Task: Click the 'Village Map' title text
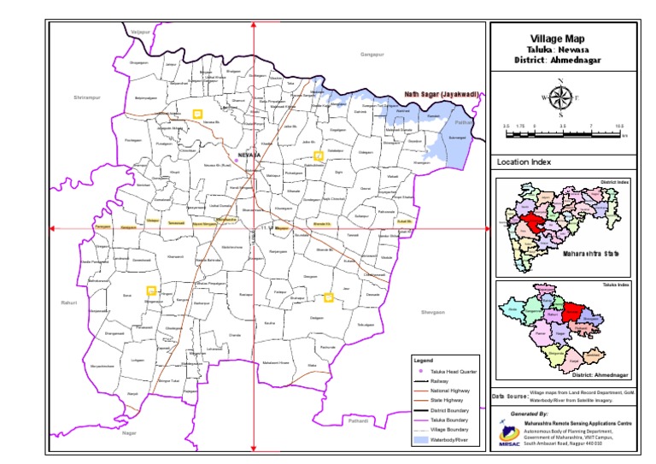pos(559,39)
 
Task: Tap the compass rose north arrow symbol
pos(560,98)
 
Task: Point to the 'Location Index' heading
pos(524,162)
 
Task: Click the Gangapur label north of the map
pos(372,54)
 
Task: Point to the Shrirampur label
pos(87,97)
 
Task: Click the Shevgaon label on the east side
pos(433,313)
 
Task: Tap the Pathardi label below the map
pos(357,420)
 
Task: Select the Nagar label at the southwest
pos(129,433)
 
